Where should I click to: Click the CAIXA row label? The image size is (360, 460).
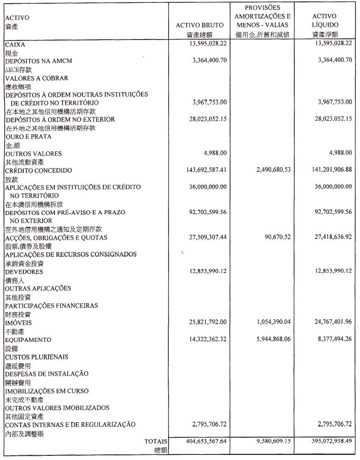[x=15, y=44]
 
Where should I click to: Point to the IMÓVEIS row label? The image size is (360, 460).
[x=18, y=322]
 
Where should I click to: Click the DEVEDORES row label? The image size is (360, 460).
[x=24, y=271]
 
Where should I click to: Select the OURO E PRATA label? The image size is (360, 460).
[x=28, y=137]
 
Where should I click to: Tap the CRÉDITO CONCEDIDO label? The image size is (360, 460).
[x=39, y=170]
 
